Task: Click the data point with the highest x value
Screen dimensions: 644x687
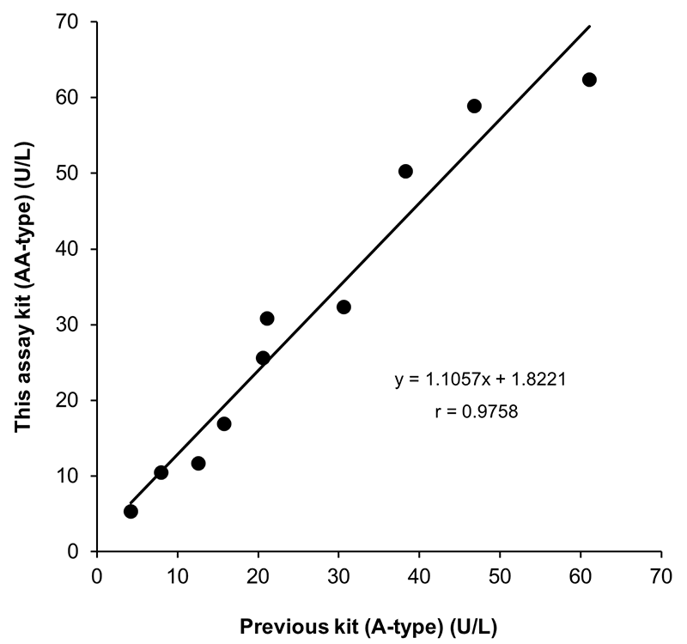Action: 589,80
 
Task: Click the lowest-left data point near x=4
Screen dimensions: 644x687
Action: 131,512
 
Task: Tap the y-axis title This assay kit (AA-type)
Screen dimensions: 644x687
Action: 27,286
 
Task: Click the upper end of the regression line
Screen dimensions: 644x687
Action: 590,27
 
